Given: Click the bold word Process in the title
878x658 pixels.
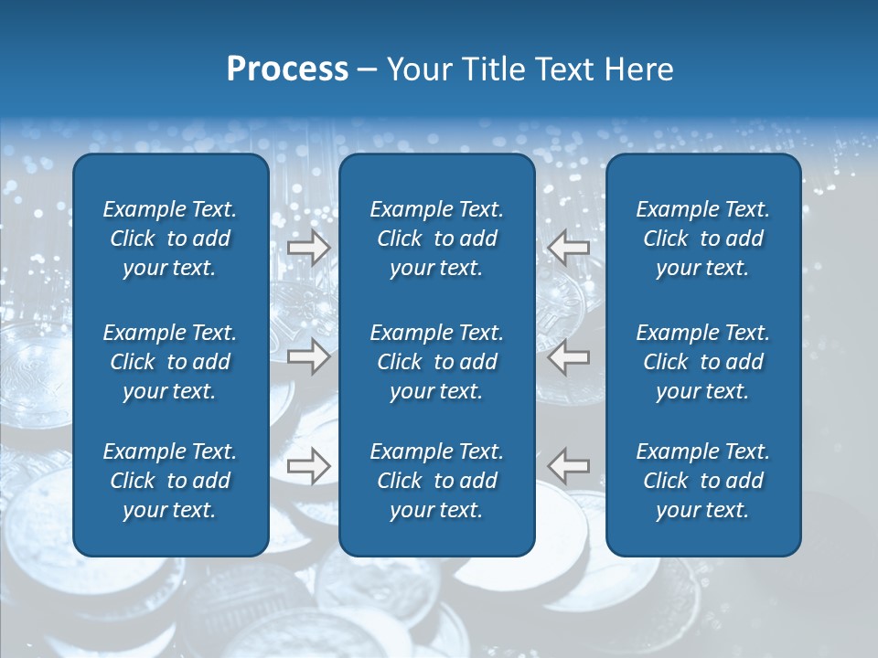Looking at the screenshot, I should click(287, 69).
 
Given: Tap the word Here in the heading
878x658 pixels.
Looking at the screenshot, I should click(638, 69).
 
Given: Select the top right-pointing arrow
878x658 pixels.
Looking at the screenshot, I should click(308, 248).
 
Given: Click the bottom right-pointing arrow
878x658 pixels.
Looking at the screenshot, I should click(308, 466).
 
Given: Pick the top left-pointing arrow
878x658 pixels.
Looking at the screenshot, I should click(570, 248).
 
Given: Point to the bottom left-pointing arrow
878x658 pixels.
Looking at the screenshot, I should click(570, 466).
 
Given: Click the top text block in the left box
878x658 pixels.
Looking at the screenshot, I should click(170, 239).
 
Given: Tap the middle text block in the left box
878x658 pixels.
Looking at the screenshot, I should click(170, 362).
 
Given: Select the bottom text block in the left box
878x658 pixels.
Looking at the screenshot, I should click(170, 481).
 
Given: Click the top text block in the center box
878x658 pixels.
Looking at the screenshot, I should click(436, 239).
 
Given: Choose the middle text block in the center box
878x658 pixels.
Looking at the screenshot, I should click(436, 362).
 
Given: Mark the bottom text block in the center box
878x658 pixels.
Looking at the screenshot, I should click(436, 481).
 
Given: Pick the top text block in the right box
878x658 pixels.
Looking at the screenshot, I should click(702, 239).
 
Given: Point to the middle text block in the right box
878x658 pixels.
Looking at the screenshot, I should click(702, 362).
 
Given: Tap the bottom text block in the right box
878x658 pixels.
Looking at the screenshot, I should click(702, 481).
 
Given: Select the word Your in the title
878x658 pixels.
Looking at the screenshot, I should click(415, 69).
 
